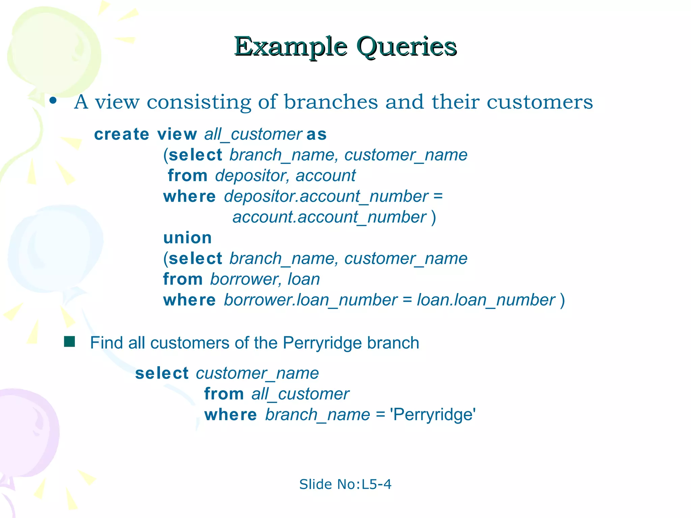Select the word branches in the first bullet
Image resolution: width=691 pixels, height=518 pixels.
point(331,102)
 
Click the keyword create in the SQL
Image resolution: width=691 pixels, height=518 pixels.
point(121,135)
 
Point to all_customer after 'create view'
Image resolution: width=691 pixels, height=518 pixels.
point(253,135)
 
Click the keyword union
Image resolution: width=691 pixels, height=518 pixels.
point(188,238)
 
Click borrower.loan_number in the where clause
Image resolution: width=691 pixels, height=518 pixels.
point(311,300)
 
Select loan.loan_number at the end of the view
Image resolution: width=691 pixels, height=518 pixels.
point(486,300)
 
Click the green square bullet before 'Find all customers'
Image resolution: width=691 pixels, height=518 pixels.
point(70,342)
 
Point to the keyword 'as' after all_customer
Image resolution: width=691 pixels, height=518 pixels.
point(317,135)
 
